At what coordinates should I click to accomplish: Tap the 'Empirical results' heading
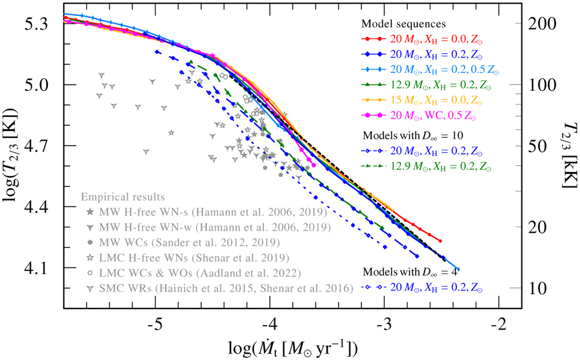123,197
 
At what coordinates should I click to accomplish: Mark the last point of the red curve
440,241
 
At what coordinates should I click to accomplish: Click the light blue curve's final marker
458,269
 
